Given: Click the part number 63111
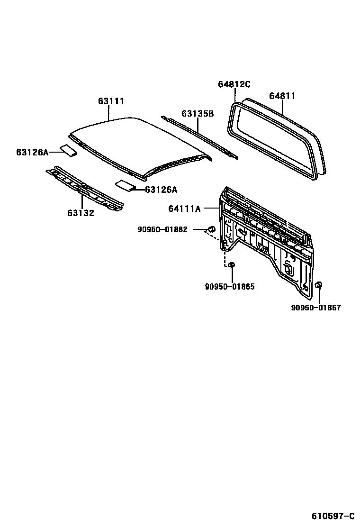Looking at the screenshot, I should coord(111,101).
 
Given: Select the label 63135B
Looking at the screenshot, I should coord(198,114).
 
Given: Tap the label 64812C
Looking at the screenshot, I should coord(234,84).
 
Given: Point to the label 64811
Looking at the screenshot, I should coord(282,96).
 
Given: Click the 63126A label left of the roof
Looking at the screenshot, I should coord(32,152).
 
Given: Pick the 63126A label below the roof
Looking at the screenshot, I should coord(161,190).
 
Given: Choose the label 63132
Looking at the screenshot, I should coord(81,213).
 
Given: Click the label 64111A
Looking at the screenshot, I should coord(185,208).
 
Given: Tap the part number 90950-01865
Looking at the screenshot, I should coord(230,287).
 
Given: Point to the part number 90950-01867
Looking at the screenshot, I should coord(316,308).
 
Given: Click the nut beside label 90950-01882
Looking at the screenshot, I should coord(212,230).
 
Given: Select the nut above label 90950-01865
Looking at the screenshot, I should coord(232,265).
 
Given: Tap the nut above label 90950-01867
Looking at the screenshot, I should coord(319,285).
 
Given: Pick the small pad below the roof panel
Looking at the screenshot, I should coord(126,185).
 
